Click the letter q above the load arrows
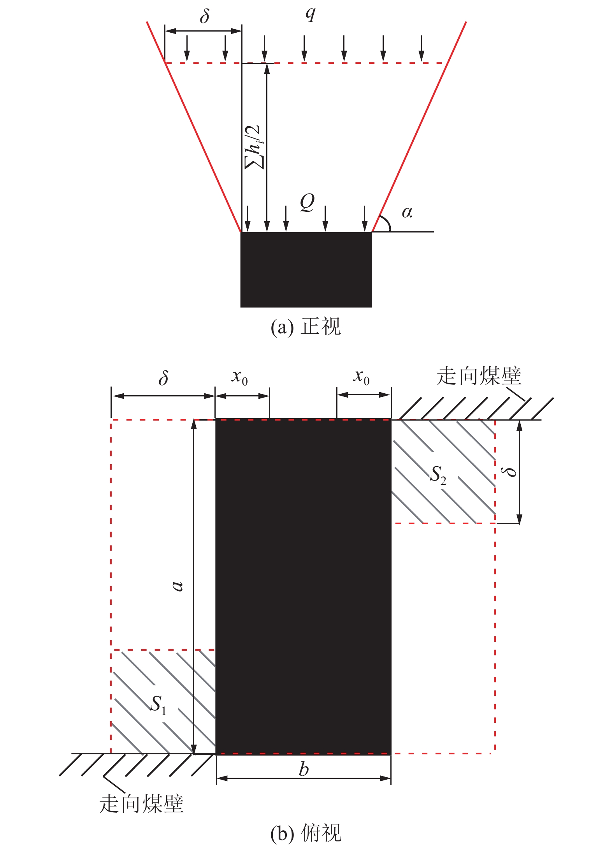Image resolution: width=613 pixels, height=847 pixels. pos(310,14)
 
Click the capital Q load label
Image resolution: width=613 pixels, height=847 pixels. pos(307,203)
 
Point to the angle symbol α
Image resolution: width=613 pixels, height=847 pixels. pos(407,213)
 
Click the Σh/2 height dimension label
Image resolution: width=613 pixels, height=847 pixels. pos(255,147)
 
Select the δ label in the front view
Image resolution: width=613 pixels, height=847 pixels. pos(205,16)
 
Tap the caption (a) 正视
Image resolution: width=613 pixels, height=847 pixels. pos(306,326)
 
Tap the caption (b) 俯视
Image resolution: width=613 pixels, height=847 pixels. pos(306,833)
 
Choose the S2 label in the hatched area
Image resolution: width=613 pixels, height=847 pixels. pos(438,475)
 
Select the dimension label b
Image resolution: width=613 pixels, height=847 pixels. pos(304,769)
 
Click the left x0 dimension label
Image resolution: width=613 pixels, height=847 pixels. pos(240,377)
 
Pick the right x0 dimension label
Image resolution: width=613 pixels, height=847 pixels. pos(362,377)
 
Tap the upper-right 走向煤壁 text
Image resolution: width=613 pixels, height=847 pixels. pos(479,376)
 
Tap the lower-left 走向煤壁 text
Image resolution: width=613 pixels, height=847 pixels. pos(141,803)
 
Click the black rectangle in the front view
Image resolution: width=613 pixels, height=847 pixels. pos(306,270)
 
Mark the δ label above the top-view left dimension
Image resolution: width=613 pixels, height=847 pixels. pos(164,378)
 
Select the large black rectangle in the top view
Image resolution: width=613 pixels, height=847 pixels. pos(304,587)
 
